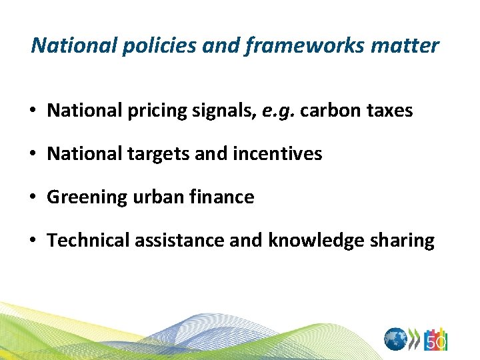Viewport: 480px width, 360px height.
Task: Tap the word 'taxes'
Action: pyautogui.click(x=388, y=111)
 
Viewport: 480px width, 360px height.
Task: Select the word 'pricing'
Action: pyautogui.click(x=150, y=111)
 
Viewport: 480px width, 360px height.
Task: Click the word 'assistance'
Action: pyautogui.click(x=179, y=241)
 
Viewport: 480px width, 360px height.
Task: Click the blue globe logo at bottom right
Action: pyautogui.click(x=396, y=339)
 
